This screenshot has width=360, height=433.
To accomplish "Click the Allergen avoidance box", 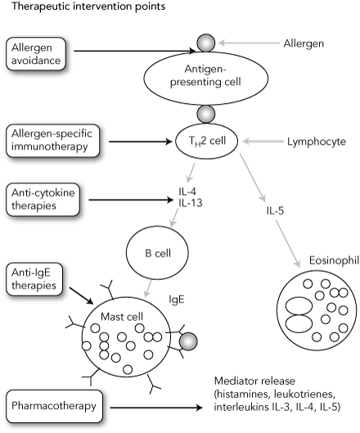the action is click(x=36, y=53).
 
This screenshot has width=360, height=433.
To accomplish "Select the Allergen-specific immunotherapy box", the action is click(x=52, y=141).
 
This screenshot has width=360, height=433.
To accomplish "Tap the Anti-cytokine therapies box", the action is click(x=43, y=200).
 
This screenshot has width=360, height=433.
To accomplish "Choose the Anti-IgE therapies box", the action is click(x=34, y=279).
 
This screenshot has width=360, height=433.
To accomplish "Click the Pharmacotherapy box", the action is click(x=54, y=406).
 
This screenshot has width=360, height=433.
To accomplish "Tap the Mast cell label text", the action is click(x=122, y=317).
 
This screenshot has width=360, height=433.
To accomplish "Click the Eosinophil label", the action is click(x=334, y=260).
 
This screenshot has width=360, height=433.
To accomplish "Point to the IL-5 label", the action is click(x=275, y=211).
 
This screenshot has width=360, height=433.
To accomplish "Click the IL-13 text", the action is click(x=190, y=203).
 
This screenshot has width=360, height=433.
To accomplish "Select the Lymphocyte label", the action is click(x=317, y=142).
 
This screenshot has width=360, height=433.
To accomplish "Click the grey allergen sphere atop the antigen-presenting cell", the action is click(x=205, y=43).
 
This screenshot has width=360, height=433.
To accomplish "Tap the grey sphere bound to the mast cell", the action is click(x=188, y=341).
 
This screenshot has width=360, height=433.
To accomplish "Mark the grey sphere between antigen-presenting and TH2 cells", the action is click(x=206, y=114).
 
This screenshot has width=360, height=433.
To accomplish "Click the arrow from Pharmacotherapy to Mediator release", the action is click(x=156, y=408).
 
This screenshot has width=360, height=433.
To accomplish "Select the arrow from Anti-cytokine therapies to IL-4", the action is click(x=130, y=200).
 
